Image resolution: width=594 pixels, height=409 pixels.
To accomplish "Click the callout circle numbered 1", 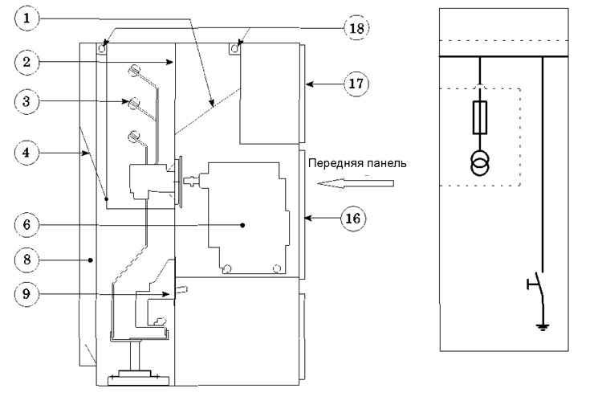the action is pos(26,18).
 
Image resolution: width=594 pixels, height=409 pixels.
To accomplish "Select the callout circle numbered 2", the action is pos(26,62).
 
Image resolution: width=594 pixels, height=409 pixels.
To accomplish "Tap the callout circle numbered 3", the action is pos(26,101).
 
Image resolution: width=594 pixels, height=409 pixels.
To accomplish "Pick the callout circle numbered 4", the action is pos(26,153).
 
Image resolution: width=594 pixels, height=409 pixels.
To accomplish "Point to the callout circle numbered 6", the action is pos(26,225).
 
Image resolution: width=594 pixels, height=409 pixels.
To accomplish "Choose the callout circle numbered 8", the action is pos(26,260).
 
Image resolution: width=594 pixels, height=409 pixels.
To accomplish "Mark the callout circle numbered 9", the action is pos(26,294).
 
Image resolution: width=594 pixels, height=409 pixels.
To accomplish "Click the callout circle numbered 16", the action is pos(353,219).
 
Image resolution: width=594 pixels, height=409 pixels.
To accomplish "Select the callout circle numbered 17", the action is pos(356,84).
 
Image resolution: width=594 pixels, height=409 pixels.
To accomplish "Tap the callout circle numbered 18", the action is pos(356,28).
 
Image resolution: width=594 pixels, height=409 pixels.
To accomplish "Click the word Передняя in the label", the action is pos(332,163).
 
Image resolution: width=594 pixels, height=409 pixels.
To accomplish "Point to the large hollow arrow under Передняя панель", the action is pos(356,183).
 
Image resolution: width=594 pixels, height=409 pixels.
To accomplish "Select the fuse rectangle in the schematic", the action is pos(480,117).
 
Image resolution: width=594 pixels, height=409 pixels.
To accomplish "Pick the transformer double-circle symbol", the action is pos(480,163).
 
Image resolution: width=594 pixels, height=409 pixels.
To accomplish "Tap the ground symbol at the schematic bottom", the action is pos(543,327).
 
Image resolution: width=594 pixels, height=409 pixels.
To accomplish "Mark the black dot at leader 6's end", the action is pos(242,225).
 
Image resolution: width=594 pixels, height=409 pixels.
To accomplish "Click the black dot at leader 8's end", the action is pos(90,260).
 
